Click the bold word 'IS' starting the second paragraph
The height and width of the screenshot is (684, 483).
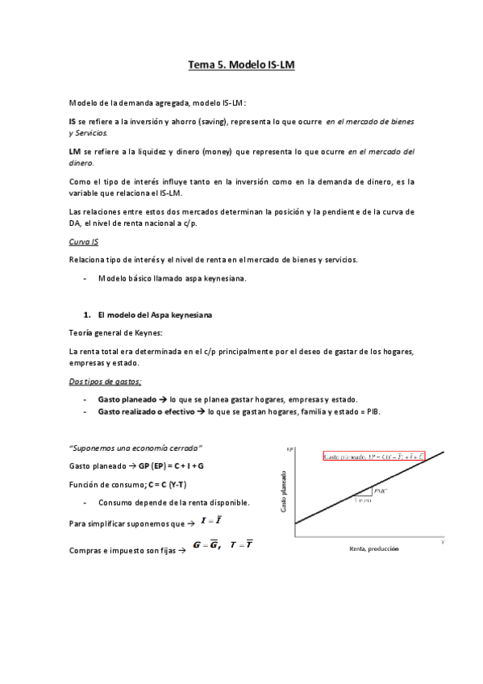pos(73,121)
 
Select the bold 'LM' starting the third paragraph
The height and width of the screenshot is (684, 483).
pos(74,151)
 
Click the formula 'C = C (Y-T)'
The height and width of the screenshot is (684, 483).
pos(165,485)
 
